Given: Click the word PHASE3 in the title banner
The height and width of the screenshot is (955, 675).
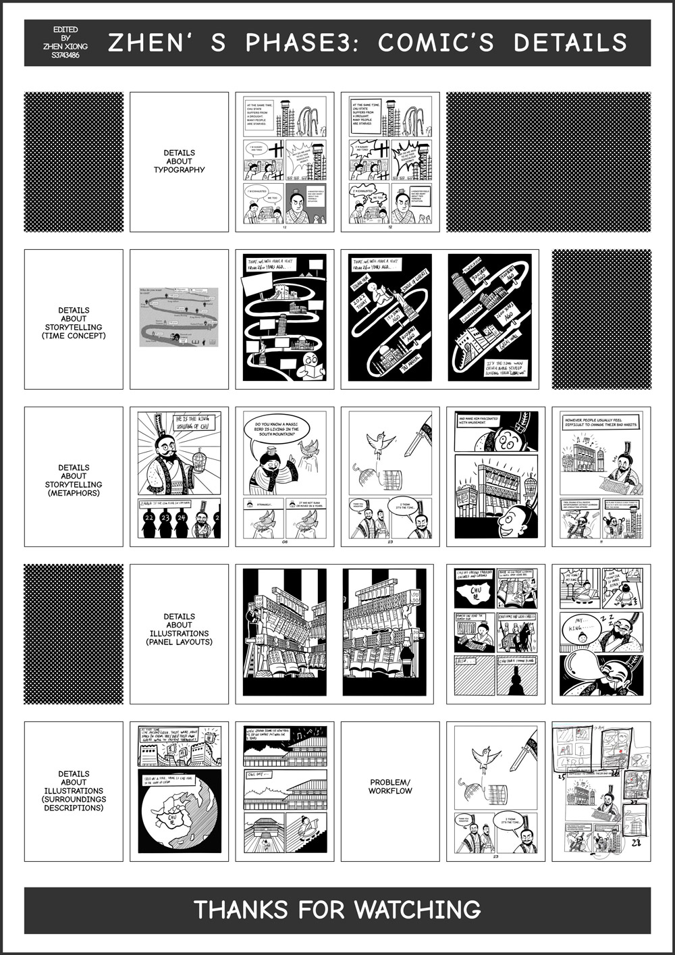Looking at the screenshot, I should tap(301, 43).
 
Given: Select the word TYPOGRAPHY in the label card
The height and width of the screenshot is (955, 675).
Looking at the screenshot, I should tap(179, 170).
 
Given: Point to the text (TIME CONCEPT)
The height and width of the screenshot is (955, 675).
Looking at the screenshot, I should tap(74, 336).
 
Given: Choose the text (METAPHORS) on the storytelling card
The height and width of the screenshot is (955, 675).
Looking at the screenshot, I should tap(74, 493).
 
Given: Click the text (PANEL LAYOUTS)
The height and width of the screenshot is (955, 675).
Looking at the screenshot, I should tap(179, 642).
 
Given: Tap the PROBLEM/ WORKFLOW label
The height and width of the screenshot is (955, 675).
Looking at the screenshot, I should tap(390, 786).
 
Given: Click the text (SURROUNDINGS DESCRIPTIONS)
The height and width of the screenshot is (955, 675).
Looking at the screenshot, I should tap(74, 804).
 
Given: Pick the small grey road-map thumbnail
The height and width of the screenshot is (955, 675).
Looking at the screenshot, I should tap(179, 319).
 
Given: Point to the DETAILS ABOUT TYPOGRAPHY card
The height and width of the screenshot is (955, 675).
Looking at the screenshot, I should tap(179, 162).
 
